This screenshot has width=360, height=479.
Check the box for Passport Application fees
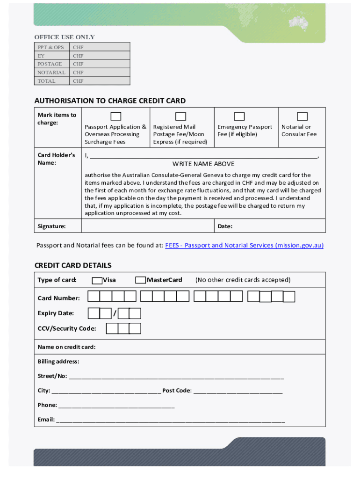(116, 116)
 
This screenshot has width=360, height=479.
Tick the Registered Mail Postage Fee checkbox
(180, 116)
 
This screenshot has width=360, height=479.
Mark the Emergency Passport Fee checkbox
(239, 116)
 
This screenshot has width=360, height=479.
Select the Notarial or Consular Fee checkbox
(302, 116)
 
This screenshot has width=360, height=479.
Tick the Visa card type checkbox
(97, 281)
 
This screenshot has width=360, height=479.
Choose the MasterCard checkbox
(140, 280)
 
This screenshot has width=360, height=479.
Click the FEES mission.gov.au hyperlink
(244, 246)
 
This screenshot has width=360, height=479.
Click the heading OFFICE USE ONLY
(65, 37)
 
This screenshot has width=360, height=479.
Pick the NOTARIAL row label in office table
(51, 73)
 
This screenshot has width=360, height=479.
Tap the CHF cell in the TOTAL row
(78, 81)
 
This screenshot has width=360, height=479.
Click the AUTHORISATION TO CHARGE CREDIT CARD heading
(110, 101)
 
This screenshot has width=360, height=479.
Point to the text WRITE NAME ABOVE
(203, 164)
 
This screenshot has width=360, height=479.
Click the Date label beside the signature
(225, 226)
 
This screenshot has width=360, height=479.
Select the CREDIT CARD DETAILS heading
(73, 265)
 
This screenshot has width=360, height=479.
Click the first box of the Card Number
(94, 296)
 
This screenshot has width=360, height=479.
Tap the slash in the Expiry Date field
(115, 313)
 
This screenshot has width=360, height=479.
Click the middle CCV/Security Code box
(123, 328)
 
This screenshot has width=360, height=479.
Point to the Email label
(46, 420)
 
